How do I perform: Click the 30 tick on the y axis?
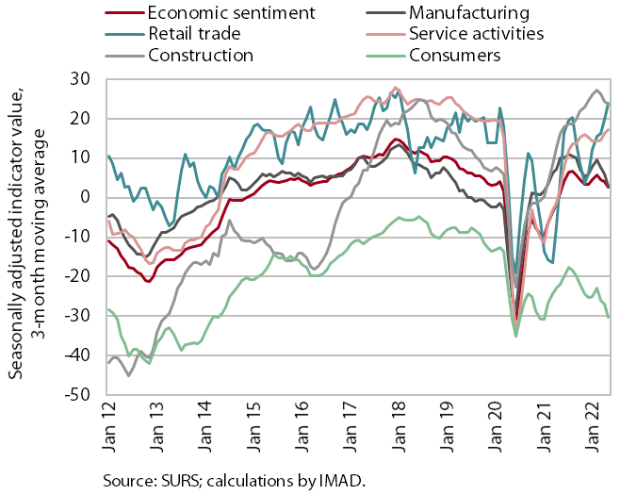click(x=80, y=79)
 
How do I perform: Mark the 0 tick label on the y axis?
click(x=86, y=197)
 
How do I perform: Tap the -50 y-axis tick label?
click(x=77, y=394)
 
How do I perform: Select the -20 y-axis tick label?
click(x=77, y=276)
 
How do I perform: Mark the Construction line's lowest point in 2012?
click(x=128, y=375)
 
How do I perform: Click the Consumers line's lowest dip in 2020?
click(x=516, y=337)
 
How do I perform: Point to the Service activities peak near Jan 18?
click(x=395, y=88)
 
